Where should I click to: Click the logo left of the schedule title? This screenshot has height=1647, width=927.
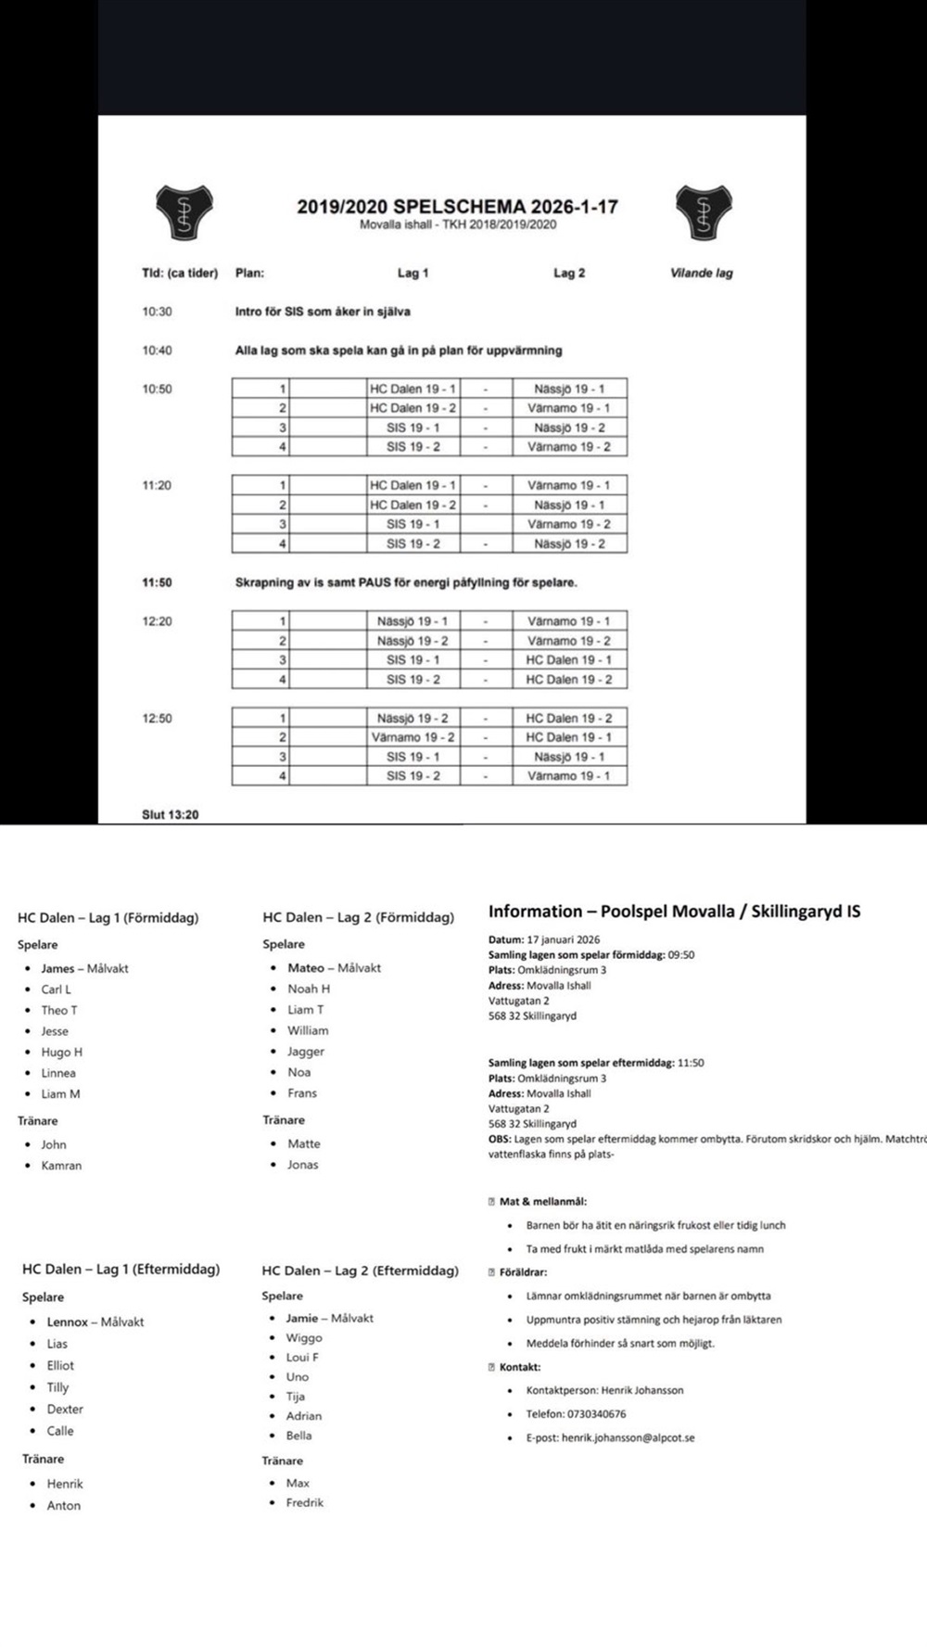[x=184, y=212]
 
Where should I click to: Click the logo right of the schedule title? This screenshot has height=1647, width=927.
[x=704, y=212]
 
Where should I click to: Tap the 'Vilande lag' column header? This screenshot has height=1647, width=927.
[x=701, y=273]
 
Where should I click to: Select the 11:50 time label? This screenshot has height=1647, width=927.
[x=157, y=582]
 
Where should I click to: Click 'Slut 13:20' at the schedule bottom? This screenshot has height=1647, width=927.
[x=170, y=814]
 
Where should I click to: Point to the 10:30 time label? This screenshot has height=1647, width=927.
[x=157, y=312]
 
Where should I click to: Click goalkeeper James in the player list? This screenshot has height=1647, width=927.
[x=57, y=968]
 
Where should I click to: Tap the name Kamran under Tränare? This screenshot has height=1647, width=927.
[x=61, y=1166]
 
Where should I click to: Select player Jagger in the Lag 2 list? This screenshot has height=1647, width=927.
[x=306, y=1052]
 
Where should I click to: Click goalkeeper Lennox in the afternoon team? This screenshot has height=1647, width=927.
[x=68, y=1322]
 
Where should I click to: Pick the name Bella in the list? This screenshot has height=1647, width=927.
[x=298, y=1436]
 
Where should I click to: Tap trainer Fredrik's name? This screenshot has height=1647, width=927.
[x=304, y=1502]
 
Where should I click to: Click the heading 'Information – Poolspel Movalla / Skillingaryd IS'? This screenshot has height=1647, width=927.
[x=674, y=911]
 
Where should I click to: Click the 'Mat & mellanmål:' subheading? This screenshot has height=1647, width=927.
[x=542, y=1202]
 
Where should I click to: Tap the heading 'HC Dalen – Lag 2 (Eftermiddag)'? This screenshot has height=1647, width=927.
[x=360, y=1270]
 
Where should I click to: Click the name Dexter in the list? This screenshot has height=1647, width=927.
[x=65, y=1410]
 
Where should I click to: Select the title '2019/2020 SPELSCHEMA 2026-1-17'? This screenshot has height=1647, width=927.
[x=457, y=206]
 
